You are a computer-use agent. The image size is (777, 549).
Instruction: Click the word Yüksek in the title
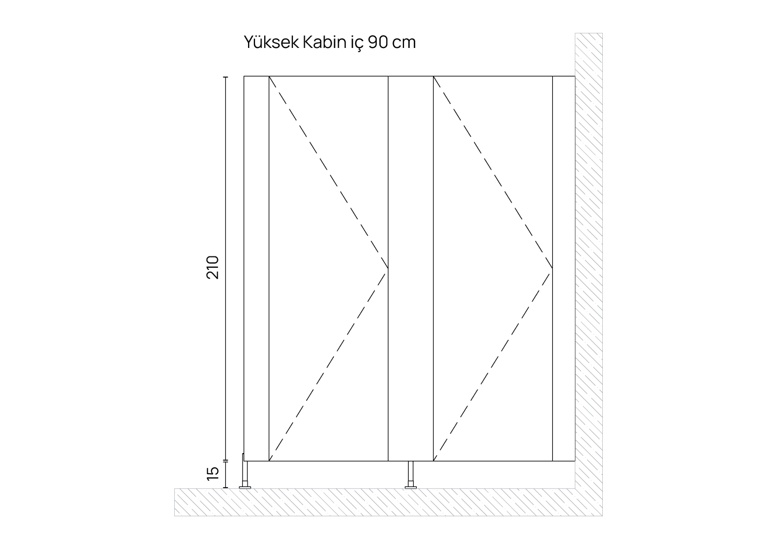[271, 42]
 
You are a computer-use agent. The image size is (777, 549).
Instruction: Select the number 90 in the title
[378, 42]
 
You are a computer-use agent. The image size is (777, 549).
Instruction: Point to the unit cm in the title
[404, 44]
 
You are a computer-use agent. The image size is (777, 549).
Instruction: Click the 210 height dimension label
[212, 268]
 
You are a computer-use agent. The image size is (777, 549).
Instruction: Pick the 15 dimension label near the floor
[212, 474]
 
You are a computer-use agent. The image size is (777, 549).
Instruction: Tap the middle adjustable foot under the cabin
[411, 475]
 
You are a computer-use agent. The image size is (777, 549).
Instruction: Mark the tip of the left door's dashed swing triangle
[388, 268]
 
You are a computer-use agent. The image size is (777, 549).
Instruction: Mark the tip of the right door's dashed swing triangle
[552, 268]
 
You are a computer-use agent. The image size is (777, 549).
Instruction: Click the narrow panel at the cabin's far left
[256, 268]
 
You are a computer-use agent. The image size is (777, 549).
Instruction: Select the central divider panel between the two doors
[411, 268]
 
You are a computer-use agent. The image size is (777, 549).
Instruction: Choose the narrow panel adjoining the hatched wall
[563, 268]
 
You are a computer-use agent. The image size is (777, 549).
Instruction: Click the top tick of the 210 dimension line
[225, 77]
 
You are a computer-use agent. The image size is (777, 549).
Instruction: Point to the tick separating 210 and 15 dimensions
[225, 461]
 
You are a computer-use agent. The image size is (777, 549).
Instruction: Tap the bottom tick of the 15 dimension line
[225, 488]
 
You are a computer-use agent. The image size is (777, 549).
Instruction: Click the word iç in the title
[357, 43]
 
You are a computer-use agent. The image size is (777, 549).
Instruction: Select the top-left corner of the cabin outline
[244, 76]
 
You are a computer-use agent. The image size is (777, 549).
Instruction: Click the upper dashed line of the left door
[328, 172]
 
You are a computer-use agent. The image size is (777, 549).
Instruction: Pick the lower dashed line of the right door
[493, 365]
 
